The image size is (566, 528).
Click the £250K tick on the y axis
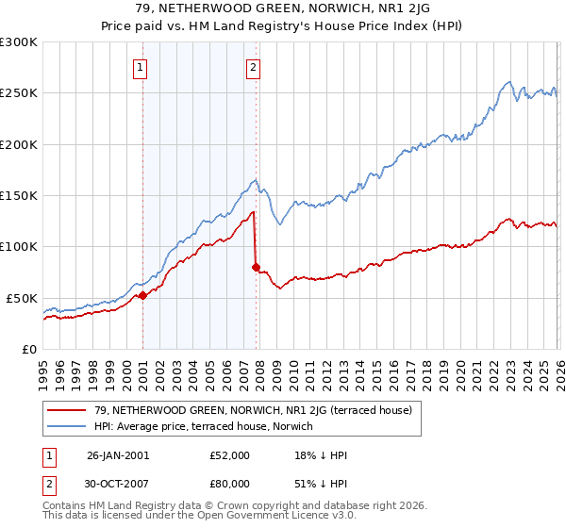(x=19, y=93)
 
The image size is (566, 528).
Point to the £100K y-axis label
(x=19, y=247)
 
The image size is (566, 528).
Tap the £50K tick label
(x=22, y=298)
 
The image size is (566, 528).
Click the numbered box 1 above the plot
(x=141, y=67)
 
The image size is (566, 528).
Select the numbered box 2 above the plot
(x=254, y=67)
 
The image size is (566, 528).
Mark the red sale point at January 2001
(x=142, y=295)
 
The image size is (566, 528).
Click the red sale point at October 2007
(x=256, y=267)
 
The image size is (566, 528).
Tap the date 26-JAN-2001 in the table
(x=118, y=455)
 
